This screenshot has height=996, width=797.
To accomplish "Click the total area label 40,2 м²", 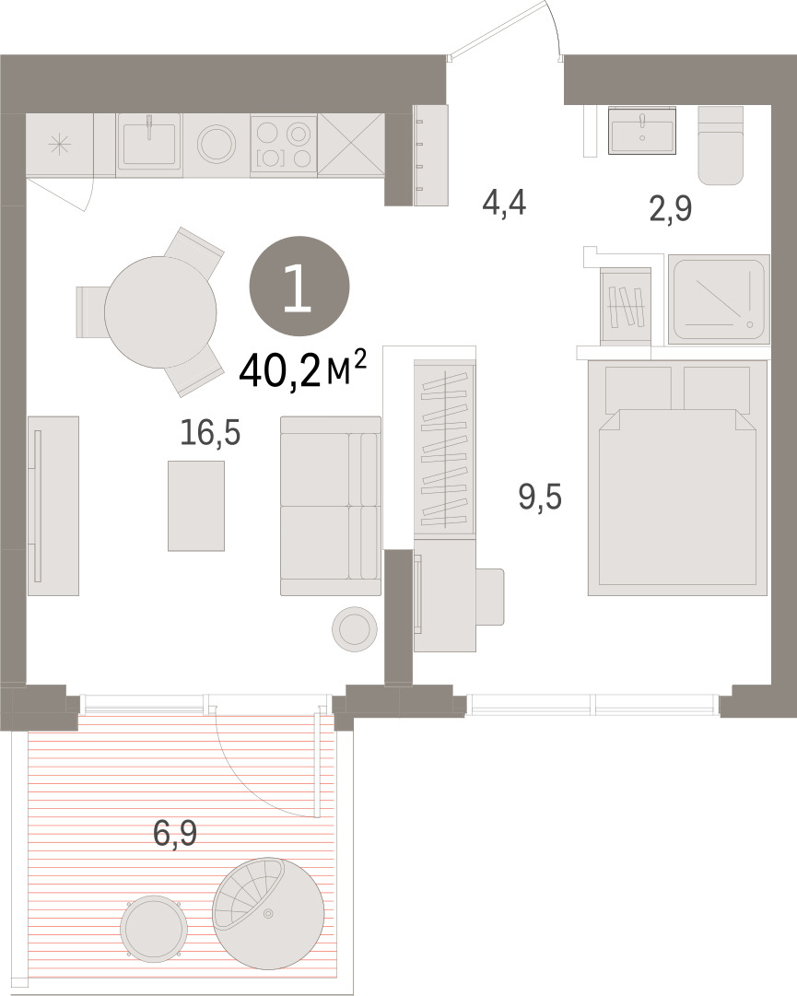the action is [303, 370].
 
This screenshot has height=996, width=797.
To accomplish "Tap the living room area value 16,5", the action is [210, 433].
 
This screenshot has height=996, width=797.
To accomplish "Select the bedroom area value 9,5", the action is [541, 496].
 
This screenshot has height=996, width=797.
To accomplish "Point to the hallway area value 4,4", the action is [504, 204].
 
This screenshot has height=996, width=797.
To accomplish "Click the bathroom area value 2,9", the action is [671, 208].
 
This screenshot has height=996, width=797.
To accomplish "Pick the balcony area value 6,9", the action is [175, 833].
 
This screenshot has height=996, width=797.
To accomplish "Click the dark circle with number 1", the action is [299, 286].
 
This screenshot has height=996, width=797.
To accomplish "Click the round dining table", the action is [160, 312].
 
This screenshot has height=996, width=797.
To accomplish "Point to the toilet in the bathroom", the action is [721, 146].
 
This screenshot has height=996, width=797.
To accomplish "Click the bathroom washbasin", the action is [642, 130].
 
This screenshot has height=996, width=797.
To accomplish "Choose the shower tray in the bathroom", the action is [719, 299].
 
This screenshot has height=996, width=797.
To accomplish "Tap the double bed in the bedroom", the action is [677, 477].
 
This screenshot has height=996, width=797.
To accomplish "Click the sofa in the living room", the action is [331, 506].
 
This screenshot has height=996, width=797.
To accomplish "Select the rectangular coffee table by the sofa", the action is [196, 506].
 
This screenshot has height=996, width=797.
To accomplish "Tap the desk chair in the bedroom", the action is [489, 597].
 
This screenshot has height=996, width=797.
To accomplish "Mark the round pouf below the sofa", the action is [355, 629].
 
